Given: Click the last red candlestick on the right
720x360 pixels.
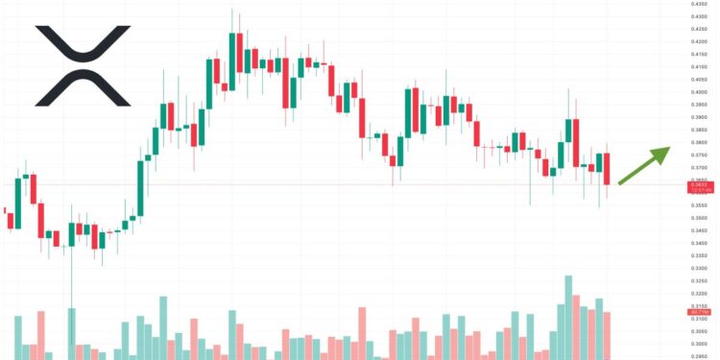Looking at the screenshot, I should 607,168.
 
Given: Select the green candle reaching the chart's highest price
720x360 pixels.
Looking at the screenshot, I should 233,61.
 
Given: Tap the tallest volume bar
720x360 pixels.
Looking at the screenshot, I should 568,317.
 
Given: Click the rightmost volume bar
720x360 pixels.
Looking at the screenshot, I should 607,335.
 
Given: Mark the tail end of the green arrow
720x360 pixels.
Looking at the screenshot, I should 619,181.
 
